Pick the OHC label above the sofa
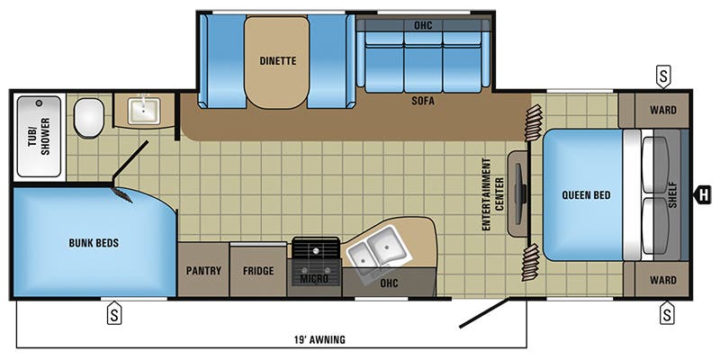(x=423, y=24)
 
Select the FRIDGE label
(x=258, y=270)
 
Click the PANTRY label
(x=203, y=270)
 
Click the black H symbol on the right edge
(x=704, y=192)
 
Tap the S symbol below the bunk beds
(x=115, y=313)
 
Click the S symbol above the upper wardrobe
(x=663, y=75)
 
